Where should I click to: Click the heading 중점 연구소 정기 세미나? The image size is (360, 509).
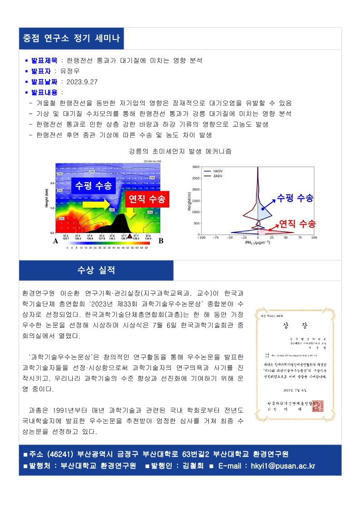(71, 38)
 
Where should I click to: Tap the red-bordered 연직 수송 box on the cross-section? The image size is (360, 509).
(147, 198)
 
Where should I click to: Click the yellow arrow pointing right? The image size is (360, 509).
(96, 205)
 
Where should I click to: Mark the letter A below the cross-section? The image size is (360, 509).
(55, 242)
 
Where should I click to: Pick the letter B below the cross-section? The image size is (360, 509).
(161, 242)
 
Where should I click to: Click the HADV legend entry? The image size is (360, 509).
(217, 171)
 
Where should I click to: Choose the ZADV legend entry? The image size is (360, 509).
(217, 175)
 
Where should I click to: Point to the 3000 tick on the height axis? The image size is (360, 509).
(195, 167)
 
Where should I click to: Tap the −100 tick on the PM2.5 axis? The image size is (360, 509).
(202, 237)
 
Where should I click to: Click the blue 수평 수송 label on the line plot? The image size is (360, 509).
(295, 198)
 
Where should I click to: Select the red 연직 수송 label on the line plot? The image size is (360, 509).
(297, 223)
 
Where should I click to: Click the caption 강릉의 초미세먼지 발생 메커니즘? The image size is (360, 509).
(180, 151)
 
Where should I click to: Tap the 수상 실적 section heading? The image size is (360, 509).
(96, 270)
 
